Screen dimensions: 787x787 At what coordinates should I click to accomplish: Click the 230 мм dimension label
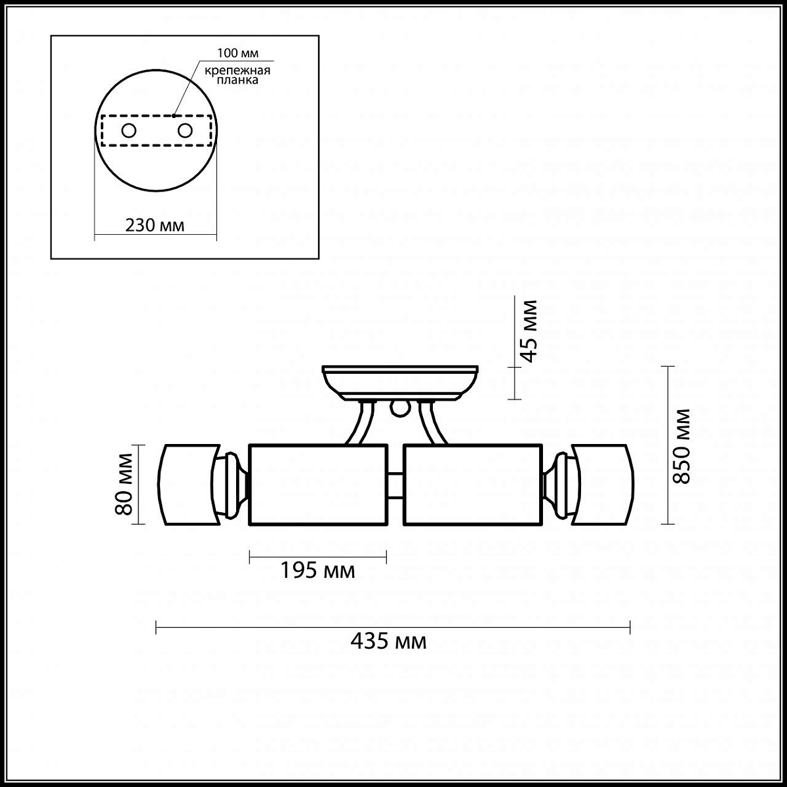(x=155, y=226)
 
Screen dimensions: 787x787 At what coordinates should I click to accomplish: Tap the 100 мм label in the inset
(x=237, y=53)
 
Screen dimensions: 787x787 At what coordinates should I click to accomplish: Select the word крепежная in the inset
(x=237, y=71)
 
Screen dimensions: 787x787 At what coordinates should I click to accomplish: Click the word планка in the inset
(x=237, y=80)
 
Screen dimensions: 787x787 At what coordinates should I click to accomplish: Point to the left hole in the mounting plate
(x=129, y=131)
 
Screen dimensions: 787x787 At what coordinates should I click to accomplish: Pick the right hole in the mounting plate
(x=185, y=131)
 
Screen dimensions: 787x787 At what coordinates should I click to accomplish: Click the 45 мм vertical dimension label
(x=530, y=331)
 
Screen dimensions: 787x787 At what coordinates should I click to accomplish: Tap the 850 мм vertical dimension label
(x=681, y=447)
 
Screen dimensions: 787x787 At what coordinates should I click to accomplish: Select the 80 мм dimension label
(x=124, y=484)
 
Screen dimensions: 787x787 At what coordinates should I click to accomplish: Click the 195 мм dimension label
(x=317, y=571)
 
